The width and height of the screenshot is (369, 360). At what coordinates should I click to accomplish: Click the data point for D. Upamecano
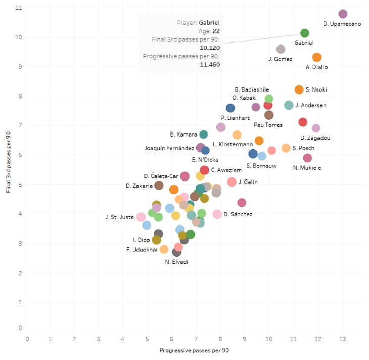coord(343,14)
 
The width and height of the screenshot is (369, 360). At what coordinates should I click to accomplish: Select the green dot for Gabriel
coord(304,33)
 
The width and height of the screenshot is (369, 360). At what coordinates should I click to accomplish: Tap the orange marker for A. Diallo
coord(317,58)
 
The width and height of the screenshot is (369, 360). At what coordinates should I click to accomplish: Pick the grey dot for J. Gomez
coord(281,49)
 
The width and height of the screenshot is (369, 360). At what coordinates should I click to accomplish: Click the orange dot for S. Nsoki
coord(299,89)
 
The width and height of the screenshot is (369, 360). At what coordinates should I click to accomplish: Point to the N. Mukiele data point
coord(307,158)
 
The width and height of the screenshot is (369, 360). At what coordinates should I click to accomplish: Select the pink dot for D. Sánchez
coord(217,214)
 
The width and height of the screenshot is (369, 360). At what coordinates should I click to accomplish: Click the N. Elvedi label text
coord(177,262)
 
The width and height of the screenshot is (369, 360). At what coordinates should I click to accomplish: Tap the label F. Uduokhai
coord(141,249)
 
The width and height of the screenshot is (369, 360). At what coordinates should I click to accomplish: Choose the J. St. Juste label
coord(119,217)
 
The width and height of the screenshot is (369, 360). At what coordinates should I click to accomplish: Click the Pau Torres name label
coord(268,125)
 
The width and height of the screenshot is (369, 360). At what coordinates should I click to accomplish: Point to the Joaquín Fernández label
coord(169,148)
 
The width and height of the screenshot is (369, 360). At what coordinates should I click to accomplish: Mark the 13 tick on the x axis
coord(343,339)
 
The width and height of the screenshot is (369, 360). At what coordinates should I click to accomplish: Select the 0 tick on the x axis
coord(27,339)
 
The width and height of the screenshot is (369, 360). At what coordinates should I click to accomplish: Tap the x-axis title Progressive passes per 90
coord(195,350)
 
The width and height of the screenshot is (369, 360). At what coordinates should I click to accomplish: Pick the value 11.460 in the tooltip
coord(209,65)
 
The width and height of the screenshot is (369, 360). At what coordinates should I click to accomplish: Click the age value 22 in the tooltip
coord(216,31)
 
